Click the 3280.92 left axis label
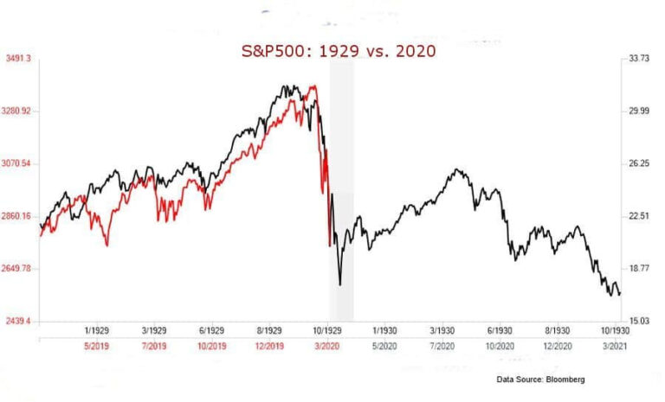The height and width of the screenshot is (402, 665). tap(20, 112)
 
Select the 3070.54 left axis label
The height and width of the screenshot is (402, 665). tap(20, 163)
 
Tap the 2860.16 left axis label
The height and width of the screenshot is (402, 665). tap(20, 216)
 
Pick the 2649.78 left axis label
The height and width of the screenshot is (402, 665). tap(20, 269)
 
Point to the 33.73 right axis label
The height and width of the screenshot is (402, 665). tap(638, 59)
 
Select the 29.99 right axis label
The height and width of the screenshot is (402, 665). tap(638, 112)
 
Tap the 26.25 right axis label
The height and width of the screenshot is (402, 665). tap(638, 163)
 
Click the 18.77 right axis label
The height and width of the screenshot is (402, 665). tap(638, 269)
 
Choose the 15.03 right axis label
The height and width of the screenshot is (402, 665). tap(638, 321)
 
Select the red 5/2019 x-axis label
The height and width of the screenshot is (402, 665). tap(97, 346)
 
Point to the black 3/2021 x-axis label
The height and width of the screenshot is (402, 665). tap(616, 346)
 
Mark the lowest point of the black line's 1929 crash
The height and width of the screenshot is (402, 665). tap(340, 284)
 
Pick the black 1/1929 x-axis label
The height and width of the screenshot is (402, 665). tap(97, 330)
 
